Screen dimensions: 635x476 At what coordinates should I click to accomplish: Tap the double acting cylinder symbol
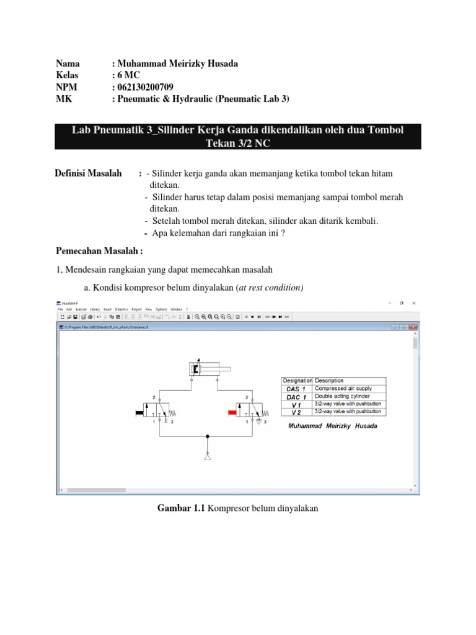tap(205, 370)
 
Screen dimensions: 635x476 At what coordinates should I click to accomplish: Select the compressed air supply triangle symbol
tap(207, 456)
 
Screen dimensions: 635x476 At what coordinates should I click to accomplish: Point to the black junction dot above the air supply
tap(207, 436)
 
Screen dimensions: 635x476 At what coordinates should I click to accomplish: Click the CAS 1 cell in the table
tap(297, 389)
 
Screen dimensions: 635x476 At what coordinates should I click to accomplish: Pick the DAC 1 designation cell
tap(297, 396)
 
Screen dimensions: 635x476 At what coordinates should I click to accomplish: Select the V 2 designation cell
tap(297, 412)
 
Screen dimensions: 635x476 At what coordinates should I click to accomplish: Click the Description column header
tap(329, 381)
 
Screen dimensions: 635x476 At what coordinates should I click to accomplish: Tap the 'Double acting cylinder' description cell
tap(343, 396)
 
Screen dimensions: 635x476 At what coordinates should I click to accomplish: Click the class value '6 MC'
tap(129, 75)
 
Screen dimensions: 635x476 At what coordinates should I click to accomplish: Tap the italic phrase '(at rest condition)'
tap(270, 288)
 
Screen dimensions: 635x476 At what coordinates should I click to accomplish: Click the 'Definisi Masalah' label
tap(88, 173)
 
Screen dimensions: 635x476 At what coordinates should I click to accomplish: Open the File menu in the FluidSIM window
tap(61, 309)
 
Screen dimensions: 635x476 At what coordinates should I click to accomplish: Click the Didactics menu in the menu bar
tap(121, 309)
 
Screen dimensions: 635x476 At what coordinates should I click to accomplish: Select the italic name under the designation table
tap(333, 426)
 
